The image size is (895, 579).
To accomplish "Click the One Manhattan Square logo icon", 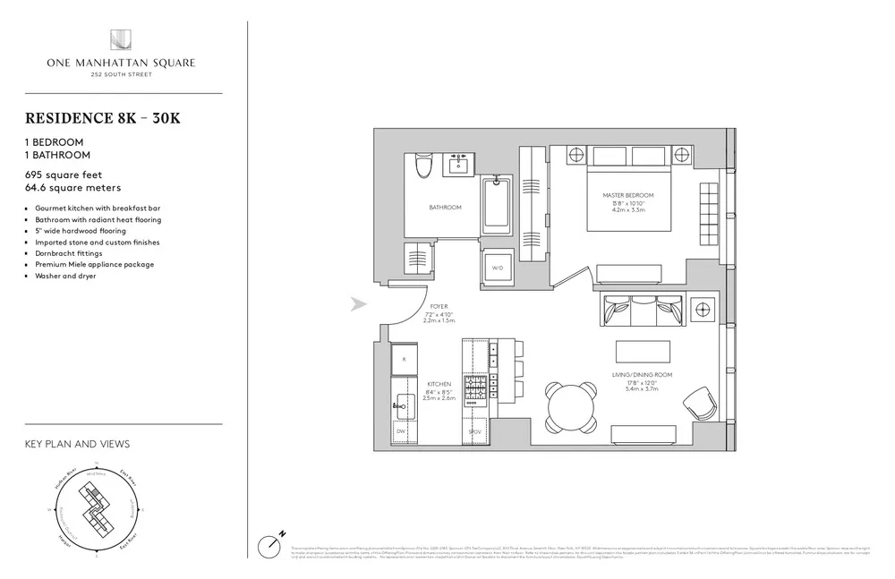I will (x=122, y=39).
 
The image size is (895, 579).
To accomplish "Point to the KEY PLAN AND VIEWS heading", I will (x=77, y=444).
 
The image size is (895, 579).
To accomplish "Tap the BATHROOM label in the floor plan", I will (x=444, y=208).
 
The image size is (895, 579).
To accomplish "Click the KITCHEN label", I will (x=439, y=384).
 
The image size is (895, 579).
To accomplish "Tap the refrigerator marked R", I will (x=405, y=360).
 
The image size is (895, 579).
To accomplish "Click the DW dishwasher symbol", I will (x=402, y=431).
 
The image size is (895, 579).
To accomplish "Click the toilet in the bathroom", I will (x=425, y=167).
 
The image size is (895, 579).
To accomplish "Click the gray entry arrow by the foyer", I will (x=359, y=305).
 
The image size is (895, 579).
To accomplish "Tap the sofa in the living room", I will (x=642, y=313).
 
